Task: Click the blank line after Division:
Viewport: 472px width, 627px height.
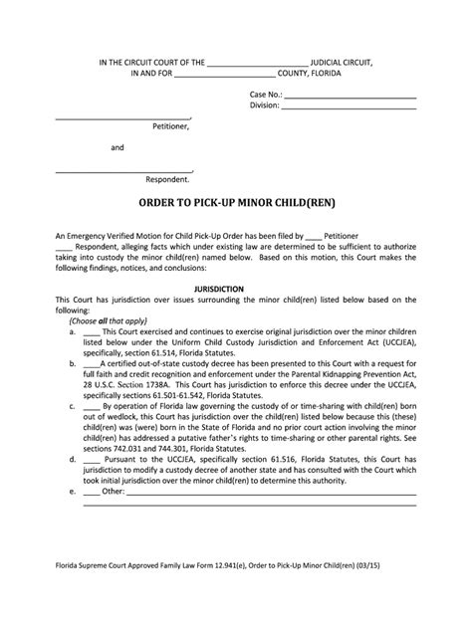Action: click(x=352, y=109)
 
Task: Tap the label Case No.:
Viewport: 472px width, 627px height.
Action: click(x=266, y=95)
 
